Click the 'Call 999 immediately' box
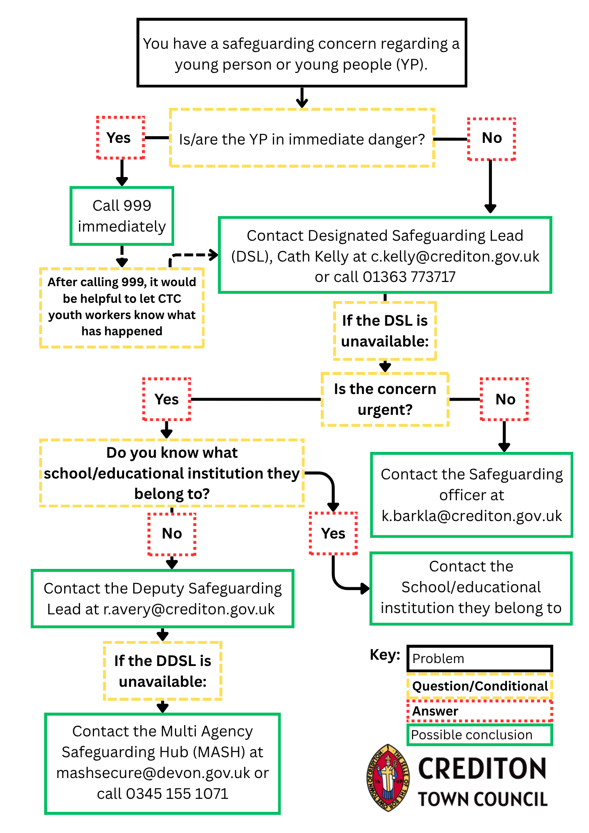click(122, 216)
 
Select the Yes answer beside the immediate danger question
click(120, 138)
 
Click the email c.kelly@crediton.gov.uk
click(455, 257)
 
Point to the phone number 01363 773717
click(409, 277)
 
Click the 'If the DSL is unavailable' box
click(385, 331)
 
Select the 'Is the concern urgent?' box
click(385, 399)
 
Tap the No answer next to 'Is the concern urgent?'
click(504, 399)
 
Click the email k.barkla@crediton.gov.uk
click(472, 516)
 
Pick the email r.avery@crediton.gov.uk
click(189, 609)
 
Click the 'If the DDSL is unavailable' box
click(162, 671)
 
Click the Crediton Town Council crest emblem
click(388, 778)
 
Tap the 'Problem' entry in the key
click(479, 658)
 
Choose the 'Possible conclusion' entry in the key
click(479, 735)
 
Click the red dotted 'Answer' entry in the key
click(479, 711)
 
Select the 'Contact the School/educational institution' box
click(471, 589)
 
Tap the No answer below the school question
click(172, 534)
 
